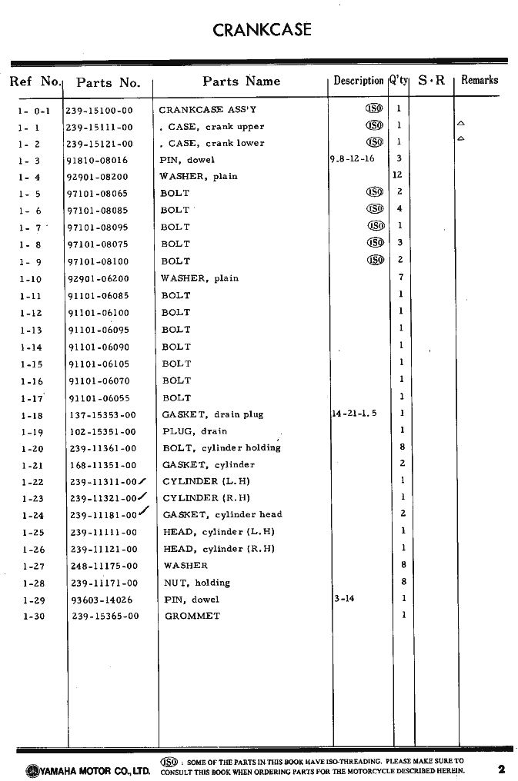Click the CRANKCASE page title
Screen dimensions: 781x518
pos(262,30)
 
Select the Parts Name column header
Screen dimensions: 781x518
pos(241,81)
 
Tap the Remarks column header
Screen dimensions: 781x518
pos(480,80)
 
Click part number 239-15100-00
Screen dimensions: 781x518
pos(99,111)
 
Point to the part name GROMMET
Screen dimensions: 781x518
pos(192,616)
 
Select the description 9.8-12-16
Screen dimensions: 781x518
pos(353,158)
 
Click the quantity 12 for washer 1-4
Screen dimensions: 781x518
pos(398,175)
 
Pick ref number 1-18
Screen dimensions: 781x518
pos(32,415)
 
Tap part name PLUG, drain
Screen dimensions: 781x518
pos(195,431)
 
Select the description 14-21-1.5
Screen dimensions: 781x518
pos(354,414)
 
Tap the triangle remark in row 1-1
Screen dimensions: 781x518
pos(460,123)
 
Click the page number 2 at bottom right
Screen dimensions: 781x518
pos(501,767)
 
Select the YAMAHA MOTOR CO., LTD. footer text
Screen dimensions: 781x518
pos(87,769)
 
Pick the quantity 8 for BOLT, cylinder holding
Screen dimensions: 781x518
pos(402,447)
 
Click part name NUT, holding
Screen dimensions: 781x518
pos(197,583)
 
